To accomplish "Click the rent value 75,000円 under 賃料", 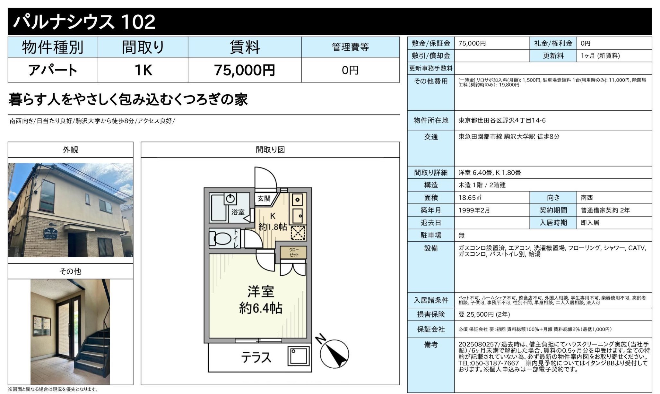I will pos(244,70).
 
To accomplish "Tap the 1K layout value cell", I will pos(143,70).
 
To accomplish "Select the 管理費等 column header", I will pos(350,47).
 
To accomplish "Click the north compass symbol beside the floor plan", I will pos(334,353).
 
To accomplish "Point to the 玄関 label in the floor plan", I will pos(264,199).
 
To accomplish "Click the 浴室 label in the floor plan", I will pos(238,212).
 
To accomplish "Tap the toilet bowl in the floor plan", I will pos(222,238).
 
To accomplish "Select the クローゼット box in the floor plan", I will pos(293,252).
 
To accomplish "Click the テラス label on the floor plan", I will pos(256,357).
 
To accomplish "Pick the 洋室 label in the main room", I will pos(261,292).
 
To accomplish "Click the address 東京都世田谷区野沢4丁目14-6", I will pos(502,120).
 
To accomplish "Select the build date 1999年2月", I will pos(474,210).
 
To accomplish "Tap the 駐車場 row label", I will pos(431,235).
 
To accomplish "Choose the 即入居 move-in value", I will pos(590,223).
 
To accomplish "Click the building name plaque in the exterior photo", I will pos(51,233).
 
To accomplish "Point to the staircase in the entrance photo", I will pos(91,350).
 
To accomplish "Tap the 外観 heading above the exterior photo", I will pos(70,150).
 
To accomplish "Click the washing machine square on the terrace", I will pos(299,355).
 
